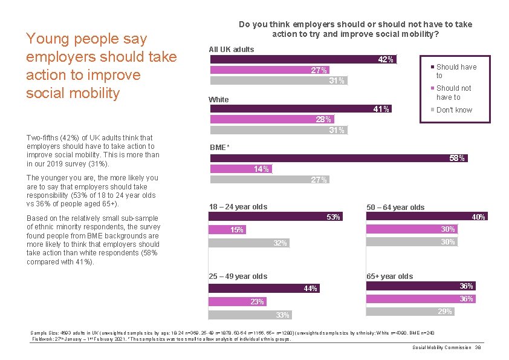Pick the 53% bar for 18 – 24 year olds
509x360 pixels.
click(275, 217)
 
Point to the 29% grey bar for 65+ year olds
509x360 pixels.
click(410, 311)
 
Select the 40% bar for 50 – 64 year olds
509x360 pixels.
click(426, 217)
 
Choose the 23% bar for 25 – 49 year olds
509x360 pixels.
click(238, 301)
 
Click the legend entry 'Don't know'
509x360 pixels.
click(454, 110)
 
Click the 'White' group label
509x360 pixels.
click(219, 99)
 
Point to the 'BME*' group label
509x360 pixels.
click(219, 148)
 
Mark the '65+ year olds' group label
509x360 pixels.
click(390, 277)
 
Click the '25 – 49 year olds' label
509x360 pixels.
click(238, 277)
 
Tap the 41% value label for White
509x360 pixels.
click(381, 109)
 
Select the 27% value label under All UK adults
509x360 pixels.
click(319, 70)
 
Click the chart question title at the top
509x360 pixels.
click(355, 29)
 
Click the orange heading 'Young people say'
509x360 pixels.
click(86, 39)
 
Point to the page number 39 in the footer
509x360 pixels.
click(478, 347)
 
